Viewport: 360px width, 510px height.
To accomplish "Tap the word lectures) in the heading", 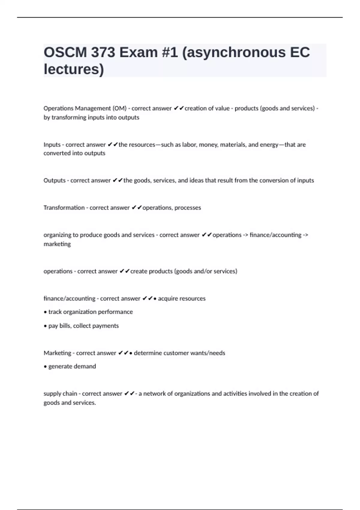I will click(74, 69).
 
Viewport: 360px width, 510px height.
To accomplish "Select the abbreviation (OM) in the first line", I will click(119, 108).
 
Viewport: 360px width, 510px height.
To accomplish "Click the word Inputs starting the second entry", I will click(52, 145).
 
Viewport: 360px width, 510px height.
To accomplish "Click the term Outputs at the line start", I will click(54, 180).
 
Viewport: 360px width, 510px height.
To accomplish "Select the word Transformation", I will click(64, 208).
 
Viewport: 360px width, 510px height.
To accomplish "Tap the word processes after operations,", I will click(188, 208).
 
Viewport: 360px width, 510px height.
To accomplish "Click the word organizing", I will click(57, 235).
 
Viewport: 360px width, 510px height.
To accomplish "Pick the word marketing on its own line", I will click(57, 244).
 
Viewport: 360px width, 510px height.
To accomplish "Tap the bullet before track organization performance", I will click(45, 312).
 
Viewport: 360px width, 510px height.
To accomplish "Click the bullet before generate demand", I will click(45, 367).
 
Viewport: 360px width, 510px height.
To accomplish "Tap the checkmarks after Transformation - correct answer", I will click(136, 208).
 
